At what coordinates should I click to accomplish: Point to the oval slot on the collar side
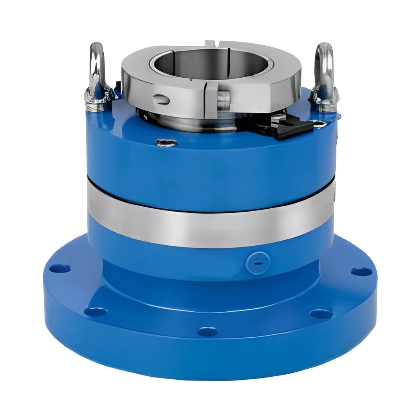(160, 100)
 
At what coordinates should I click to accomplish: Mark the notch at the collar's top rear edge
(210, 43)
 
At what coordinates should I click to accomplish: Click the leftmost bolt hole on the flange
(54, 268)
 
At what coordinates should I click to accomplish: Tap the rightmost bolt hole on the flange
(360, 271)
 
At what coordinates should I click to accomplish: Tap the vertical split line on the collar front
(206, 94)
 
